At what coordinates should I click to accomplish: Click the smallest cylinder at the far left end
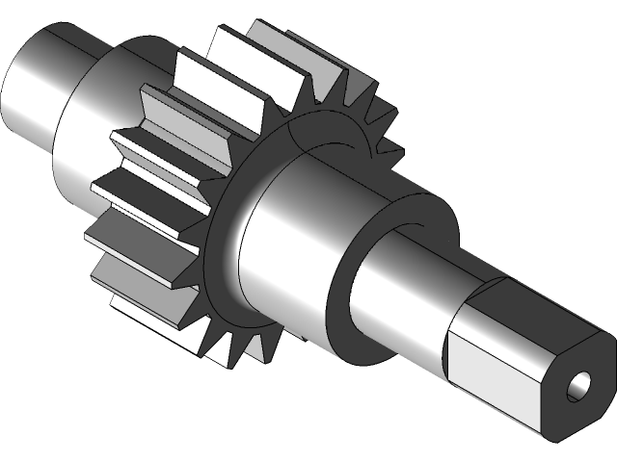[39, 82]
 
